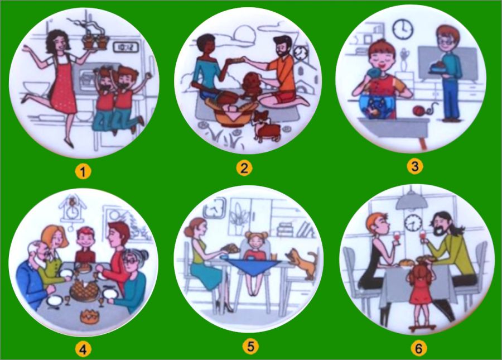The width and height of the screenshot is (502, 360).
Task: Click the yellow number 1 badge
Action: tap(83, 172)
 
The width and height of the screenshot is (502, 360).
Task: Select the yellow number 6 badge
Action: tap(418, 348)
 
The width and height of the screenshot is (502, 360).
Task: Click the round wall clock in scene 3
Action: tap(403, 30)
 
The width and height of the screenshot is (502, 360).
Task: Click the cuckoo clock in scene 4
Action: tap(73, 208)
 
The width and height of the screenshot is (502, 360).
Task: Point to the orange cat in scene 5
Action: tap(303, 262)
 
